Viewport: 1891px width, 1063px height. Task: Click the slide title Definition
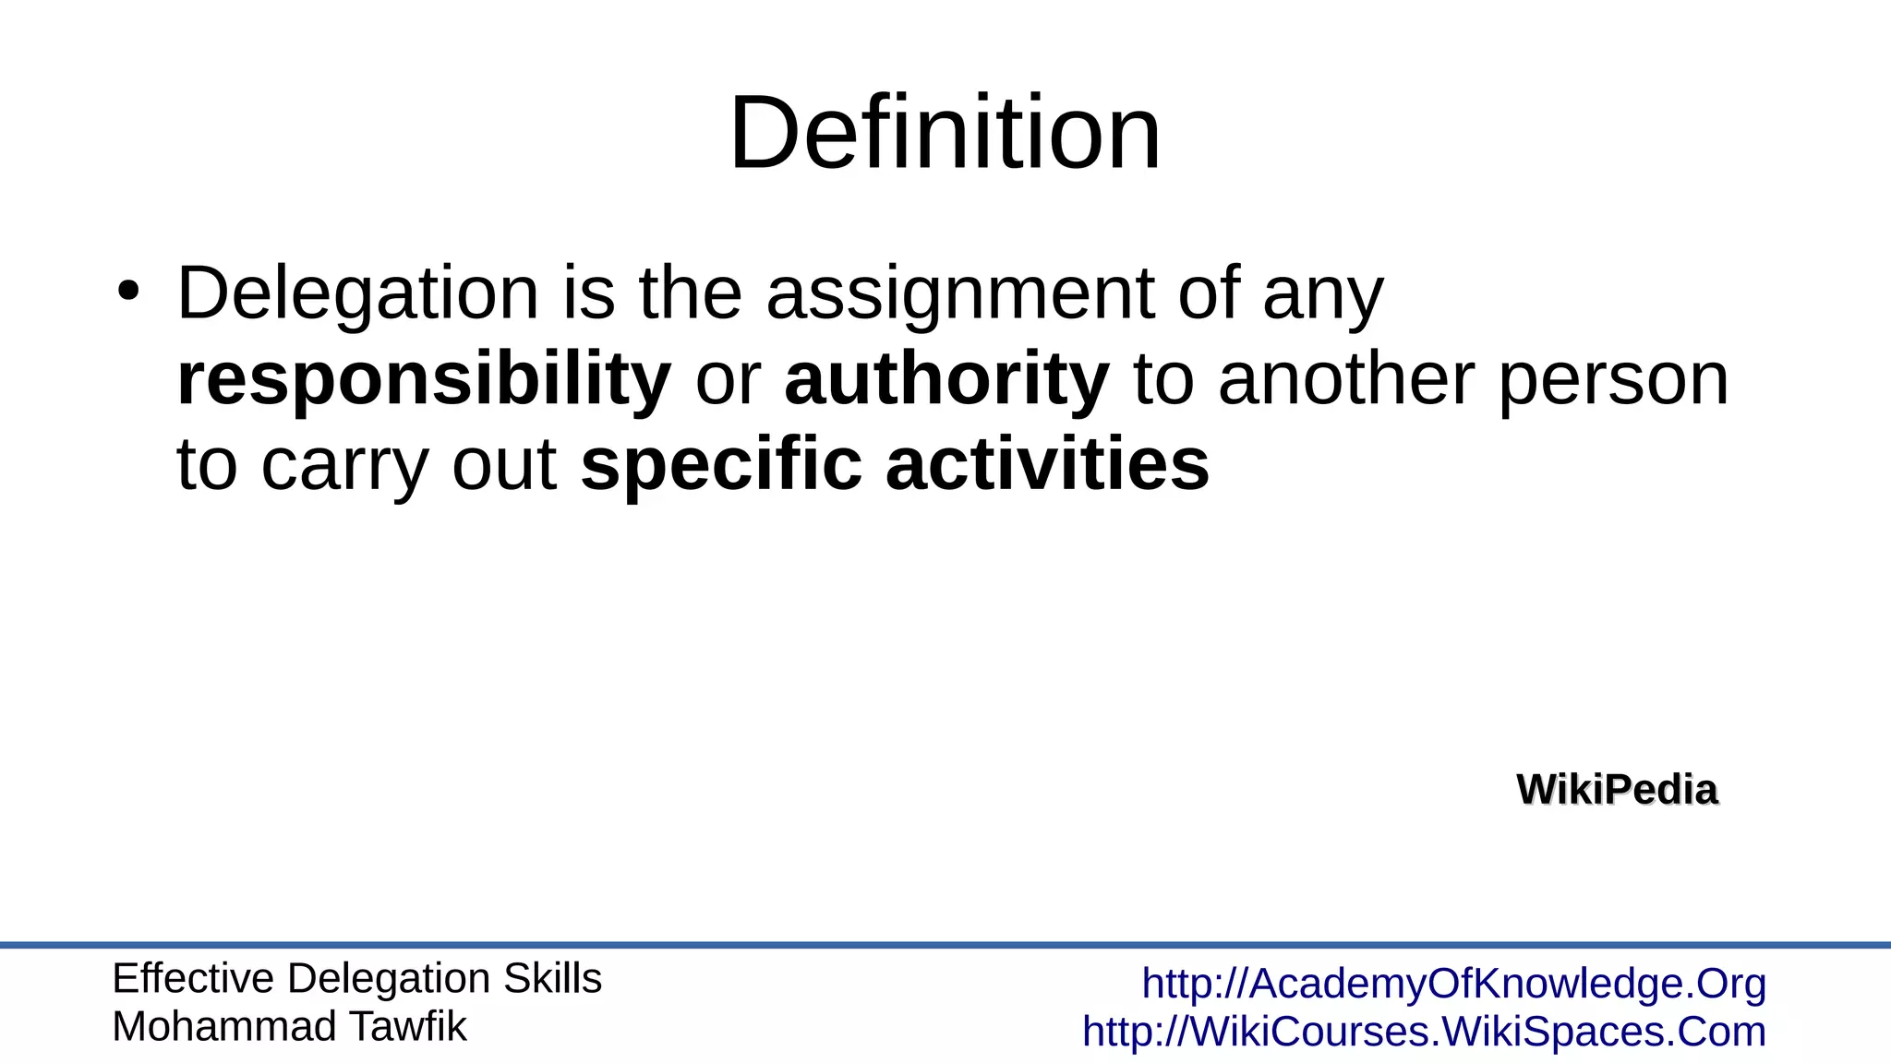point(945,133)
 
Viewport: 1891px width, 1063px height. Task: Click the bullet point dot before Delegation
point(128,292)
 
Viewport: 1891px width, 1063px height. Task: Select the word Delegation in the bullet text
point(357,293)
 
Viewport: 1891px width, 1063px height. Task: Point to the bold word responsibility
point(424,379)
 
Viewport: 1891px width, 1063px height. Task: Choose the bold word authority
point(946,379)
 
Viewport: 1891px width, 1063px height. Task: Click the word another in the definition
point(1347,379)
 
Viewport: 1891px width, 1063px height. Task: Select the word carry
point(345,465)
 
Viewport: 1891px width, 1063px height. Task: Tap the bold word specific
point(721,465)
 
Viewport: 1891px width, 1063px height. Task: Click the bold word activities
point(1047,464)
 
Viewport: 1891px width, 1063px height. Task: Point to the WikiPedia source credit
point(1617,790)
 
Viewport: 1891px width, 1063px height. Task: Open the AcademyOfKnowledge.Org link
point(1454,984)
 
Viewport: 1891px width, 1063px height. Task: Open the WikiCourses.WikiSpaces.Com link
point(1424,1032)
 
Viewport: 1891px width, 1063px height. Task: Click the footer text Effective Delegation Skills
point(356,978)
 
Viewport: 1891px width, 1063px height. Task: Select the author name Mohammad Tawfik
point(289,1026)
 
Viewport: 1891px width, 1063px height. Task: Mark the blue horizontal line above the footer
point(945,945)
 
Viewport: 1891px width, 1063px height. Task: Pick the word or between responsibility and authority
point(728,379)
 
